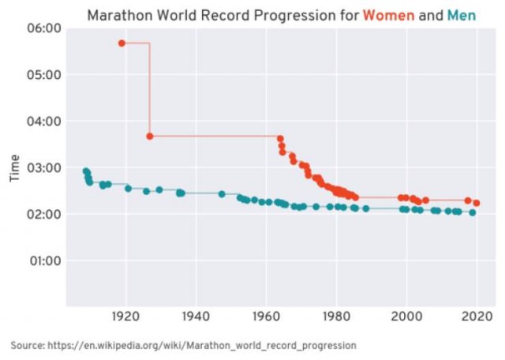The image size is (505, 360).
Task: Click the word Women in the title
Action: click(x=388, y=15)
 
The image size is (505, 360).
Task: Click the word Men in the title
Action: click(x=462, y=15)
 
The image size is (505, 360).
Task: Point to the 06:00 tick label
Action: click(x=46, y=28)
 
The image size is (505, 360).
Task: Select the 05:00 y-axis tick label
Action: click(x=46, y=75)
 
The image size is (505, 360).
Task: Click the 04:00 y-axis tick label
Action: click(x=46, y=122)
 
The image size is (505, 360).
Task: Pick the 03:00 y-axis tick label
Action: click(x=46, y=167)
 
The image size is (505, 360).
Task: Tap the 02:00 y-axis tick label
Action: click(x=46, y=214)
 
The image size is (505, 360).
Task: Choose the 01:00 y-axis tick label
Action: click(x=46, y=261)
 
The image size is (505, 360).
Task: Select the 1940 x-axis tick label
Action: click(x=195, y=317)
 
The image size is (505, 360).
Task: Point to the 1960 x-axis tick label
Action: click(x=266, y=317)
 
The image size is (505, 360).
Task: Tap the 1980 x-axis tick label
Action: click(x=336, y=317)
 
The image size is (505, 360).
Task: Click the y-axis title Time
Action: click(x=14, y=167)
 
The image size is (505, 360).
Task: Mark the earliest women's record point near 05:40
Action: click(x=122, y=43)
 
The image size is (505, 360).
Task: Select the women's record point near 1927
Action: click(x=150, y=136)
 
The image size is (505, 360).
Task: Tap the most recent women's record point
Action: click(x=476, y=203)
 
